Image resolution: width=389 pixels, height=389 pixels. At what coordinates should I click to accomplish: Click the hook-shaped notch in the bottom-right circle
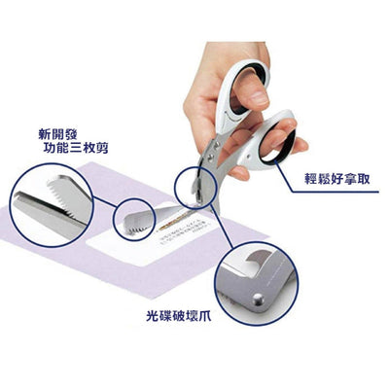coord(254,260)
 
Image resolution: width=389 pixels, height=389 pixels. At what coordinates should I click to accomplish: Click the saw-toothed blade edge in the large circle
coord(49,204)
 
